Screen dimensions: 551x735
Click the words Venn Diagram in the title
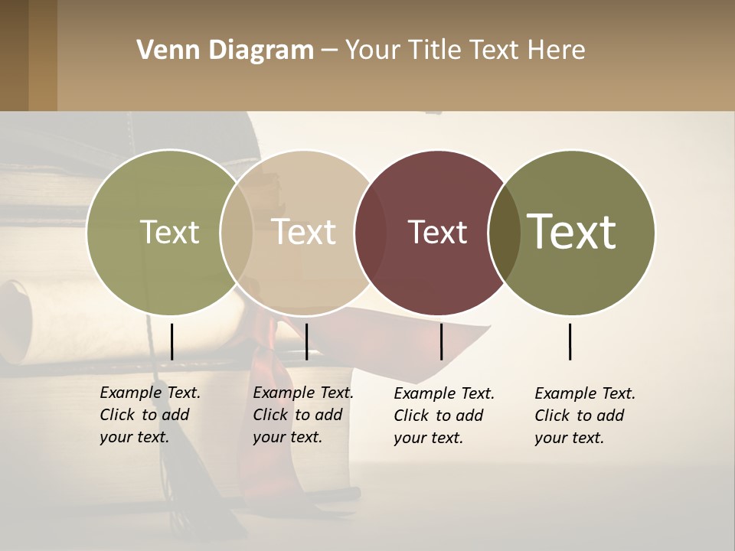225,51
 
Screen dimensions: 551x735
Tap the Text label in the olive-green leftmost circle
169,233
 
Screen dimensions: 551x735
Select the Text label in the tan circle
304,232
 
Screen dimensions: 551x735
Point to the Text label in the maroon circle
437,233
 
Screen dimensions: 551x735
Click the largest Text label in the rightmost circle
571,232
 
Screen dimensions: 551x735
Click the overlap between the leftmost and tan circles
237,233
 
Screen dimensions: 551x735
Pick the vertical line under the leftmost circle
171,341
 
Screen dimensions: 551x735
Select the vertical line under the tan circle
306,341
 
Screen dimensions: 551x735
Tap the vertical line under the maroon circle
441,341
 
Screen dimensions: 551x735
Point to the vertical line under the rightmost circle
570,341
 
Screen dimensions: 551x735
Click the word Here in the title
560,51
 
